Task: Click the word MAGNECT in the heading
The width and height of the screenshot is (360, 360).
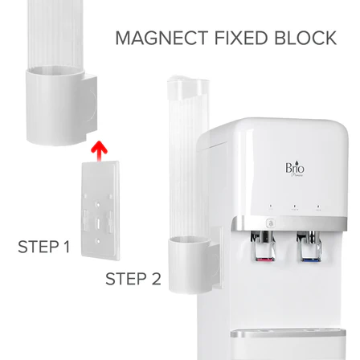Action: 162,38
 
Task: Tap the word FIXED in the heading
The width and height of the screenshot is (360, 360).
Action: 240,38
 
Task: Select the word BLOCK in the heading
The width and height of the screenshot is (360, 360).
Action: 305,38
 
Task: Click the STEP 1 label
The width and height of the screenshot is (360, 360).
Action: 44,247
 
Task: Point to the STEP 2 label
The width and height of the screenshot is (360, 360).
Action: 133,279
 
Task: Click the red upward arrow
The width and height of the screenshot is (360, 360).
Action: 99,151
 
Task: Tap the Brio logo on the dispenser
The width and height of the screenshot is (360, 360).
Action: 295,169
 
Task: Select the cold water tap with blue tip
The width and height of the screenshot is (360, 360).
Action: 309,246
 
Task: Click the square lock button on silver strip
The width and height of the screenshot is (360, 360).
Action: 271,223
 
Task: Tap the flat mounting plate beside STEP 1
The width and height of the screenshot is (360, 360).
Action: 100,211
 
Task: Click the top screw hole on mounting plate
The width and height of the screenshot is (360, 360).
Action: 98,204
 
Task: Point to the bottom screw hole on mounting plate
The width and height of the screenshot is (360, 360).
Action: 98,241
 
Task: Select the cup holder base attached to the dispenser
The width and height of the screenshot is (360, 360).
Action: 194,264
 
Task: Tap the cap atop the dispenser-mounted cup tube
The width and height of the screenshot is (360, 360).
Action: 186,86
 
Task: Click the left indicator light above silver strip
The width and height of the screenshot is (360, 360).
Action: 271,206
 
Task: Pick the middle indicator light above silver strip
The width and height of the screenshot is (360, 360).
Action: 294,206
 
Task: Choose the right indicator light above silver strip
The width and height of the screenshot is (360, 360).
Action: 318,206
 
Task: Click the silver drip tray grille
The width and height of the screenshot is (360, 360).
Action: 288,333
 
